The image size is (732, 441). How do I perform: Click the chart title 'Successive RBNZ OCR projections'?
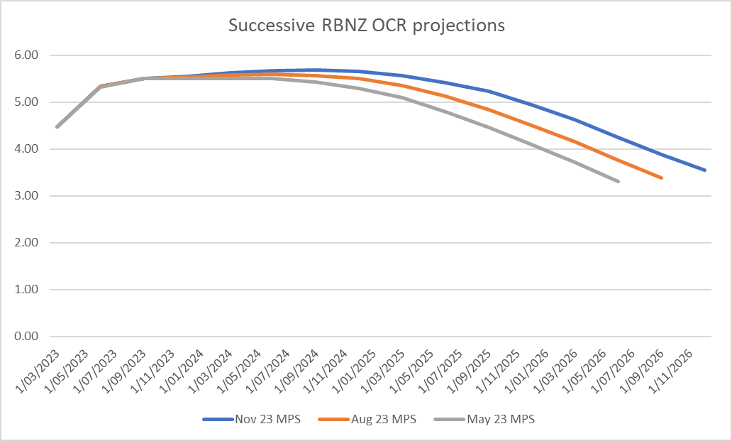coord(366,25)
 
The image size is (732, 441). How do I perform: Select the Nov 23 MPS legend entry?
coord(270,419)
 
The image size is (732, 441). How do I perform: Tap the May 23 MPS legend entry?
coord(501,419)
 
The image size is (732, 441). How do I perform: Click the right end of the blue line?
coord(705,170)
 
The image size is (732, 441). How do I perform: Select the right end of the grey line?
coord(619,182)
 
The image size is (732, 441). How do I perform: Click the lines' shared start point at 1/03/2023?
coord(57,127)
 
